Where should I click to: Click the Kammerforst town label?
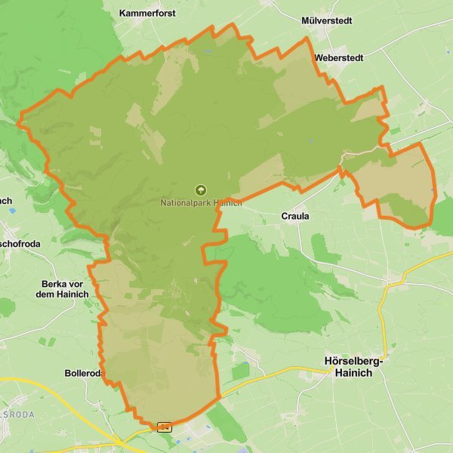147,14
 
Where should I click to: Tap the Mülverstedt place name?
326,20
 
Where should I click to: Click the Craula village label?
295,216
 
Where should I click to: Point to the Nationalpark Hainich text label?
201,203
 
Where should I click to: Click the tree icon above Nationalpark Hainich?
201,190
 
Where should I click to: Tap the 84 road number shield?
165,427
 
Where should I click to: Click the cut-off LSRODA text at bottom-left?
16,414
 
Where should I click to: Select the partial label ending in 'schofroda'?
20,244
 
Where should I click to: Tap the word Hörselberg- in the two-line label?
353,362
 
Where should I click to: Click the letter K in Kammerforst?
122,14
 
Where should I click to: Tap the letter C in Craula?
284,216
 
